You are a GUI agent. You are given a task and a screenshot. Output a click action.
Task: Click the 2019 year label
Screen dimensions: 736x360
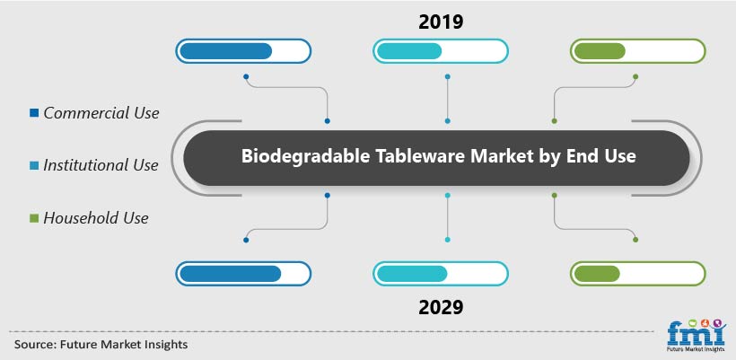click(x=441, y=22)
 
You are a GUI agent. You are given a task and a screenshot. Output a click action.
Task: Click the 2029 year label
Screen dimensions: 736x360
click(x=441, y=307)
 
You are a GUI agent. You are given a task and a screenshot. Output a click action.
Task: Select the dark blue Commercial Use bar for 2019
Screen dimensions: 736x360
click(x=226, y=51)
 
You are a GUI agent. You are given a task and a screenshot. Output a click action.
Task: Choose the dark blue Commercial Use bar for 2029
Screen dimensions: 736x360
click(x=231, y=274)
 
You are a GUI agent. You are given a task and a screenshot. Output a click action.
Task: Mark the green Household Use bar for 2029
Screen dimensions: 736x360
click(x=597, y=274)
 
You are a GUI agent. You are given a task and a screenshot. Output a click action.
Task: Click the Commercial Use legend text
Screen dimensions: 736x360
click(x=101, y=113)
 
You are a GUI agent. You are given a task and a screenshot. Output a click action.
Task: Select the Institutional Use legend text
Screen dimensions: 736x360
click(x=101, y=165)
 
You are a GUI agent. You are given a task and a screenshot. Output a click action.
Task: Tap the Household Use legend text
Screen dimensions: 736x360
click(x=96, y=218)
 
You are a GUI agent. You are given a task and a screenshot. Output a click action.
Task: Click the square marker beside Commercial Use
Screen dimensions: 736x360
click(x=34, y=112)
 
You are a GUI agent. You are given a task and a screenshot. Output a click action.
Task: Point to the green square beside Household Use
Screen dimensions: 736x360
click(x=34, y=218)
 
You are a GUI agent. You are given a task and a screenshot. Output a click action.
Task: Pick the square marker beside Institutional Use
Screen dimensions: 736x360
click(x=34, y=165)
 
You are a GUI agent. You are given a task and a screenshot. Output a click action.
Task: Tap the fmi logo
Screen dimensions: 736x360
click(x=697, y=336)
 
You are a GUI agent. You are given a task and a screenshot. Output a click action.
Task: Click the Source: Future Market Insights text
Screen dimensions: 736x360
click(x=101, y=345)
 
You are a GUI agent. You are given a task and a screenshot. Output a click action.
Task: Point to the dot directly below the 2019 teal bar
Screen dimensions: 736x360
click(x=447, y=76)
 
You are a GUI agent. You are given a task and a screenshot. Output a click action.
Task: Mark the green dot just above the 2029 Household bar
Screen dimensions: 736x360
click(x=635, y=240)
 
